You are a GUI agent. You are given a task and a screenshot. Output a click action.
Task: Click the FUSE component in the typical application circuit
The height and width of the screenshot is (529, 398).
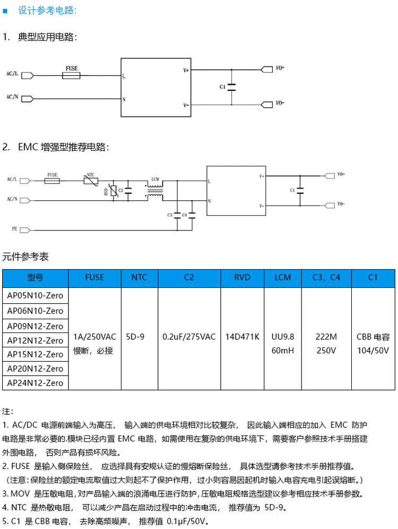coord(71,76)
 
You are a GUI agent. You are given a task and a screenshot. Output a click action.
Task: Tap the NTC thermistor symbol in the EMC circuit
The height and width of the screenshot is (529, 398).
coord(91,181)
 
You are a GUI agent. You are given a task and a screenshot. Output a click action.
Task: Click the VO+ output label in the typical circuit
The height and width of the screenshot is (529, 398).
coord(280,68)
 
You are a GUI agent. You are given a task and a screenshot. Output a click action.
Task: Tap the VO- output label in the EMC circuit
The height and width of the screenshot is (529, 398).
coord(341,204)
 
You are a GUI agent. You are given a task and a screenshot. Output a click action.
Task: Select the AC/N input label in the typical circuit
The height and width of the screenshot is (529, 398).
coord(12,97)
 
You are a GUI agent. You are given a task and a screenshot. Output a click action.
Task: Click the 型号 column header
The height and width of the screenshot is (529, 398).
coord(36,277)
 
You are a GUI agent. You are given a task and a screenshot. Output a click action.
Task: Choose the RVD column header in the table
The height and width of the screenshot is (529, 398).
coord(241,277)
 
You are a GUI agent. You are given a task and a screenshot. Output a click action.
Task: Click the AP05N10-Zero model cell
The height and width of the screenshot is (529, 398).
coord(36,295)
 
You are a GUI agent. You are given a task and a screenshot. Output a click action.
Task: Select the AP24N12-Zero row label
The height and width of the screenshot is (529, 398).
coord(36,382)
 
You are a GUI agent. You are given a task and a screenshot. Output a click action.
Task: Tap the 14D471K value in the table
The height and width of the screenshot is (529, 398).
coord(241,337)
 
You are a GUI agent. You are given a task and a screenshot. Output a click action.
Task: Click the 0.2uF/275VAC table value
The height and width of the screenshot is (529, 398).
coord(189,337)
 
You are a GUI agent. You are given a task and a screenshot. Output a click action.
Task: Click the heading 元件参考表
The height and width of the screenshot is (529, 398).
coord(25,257)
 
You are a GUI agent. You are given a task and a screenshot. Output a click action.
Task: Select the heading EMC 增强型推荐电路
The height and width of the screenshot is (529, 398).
coord(63,147)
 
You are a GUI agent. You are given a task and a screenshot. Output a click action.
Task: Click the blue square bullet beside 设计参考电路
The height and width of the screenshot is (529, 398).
coord(5,10)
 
